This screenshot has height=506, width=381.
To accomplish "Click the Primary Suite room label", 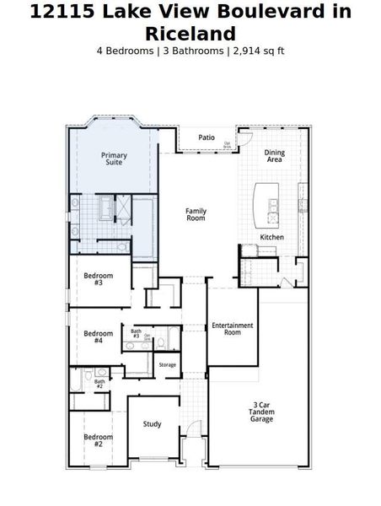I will pyautogui.click(x=114, y=159).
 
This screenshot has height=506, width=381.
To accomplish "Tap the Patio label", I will pyautogui.click(x=207, y=137).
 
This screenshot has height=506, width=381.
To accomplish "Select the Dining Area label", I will pyautogui.click(x=275, y=156).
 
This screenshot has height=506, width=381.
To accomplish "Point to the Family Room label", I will pyautogui.click(x=196, y=215).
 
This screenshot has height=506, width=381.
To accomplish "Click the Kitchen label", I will pyautogui.click(x=271, y=238).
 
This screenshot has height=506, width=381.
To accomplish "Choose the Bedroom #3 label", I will pyautogui.click(x=99, y=279).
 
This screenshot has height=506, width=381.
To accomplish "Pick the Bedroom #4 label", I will pyautogui.click(x=99, y=337).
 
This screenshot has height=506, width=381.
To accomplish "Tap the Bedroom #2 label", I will pyautogui.click(x=98, y=440).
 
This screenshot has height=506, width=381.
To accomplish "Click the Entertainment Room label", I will pyautogui.click(x=227, y=329).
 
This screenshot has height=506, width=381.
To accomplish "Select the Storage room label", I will pyautogui.click(x=168, y=365).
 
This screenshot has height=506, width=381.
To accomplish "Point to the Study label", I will pyautogui.click(x=152, y=424).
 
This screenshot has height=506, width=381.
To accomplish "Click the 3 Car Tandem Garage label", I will pyautogui.click(x=262, y=412).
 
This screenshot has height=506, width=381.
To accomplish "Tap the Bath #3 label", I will pyautogui.click(x=136, y=334).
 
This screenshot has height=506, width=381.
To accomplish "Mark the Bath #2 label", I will pyautogui.click(x=99, y=384).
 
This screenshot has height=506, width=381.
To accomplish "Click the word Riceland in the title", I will pyautogui.click(x=190, y=34).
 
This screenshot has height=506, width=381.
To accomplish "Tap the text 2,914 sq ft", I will pyautogui.click(x=257, y=51).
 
